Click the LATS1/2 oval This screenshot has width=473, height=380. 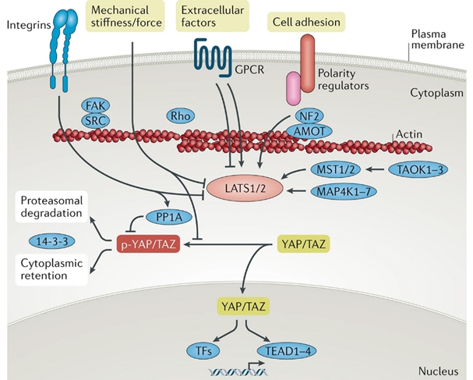click(x=245, y=189)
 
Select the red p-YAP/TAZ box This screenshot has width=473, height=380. click(x=148, y=244)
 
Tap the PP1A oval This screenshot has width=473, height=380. click(x=168, y=217)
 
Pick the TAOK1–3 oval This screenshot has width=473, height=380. click(x=418, y=170)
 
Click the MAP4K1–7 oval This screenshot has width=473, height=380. click(x=344, y=191)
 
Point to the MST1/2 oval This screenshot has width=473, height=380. click(x=335, y=169)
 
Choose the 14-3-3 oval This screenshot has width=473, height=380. click(x=52, y=241)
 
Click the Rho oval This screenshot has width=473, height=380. click(x=180, y=115)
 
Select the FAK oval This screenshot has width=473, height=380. click(x=95, y=105)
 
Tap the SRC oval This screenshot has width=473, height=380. click(x=95, y=121)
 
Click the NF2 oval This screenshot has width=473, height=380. click(x=309, y=116)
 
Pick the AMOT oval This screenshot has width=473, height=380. click(x=309, y=131)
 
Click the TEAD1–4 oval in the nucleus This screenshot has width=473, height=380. click(x=287, y=351)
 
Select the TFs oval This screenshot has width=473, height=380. click(x=203, y=351)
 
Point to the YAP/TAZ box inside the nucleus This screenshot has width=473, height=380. click(x=243, y=307)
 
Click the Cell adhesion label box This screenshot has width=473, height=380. click(x=306, y=22)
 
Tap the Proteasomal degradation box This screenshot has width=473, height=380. click(x=51, y=207)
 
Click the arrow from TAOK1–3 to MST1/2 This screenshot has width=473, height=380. click(x=375, y=170)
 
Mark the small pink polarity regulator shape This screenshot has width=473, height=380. click(x=294, y=88)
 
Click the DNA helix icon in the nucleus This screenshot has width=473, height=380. click(x=237, y=371)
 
